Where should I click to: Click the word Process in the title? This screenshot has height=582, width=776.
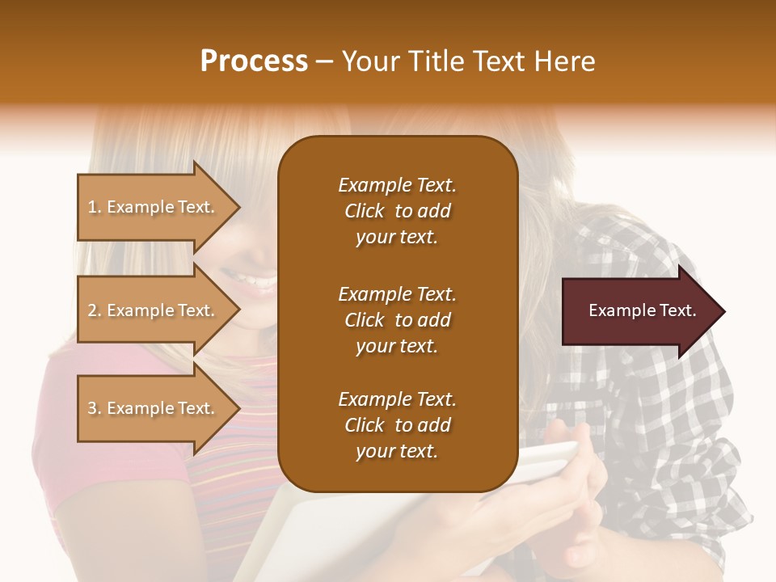pyautogui.click(x=254, y=61)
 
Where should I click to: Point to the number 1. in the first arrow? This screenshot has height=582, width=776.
pyautogui.click(x=94, y=208)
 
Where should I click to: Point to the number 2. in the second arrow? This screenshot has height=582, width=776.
pyautogui.click(x=94, y=311)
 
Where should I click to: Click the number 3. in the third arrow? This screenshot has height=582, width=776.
pyautogui.click(x=94, y=409)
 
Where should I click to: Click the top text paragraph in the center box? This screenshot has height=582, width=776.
pyautogui.click(x=397, y=211)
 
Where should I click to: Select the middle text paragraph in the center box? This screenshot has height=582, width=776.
pyautogui.click(x=397, y=320)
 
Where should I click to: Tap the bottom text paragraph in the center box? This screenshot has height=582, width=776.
pyautogui.click(x=397, y=425)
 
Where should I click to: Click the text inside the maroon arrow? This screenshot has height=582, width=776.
pyautogui.click(x=642, y=311)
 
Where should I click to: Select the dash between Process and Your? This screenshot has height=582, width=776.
pyautogui.click(x=325, y=62)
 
